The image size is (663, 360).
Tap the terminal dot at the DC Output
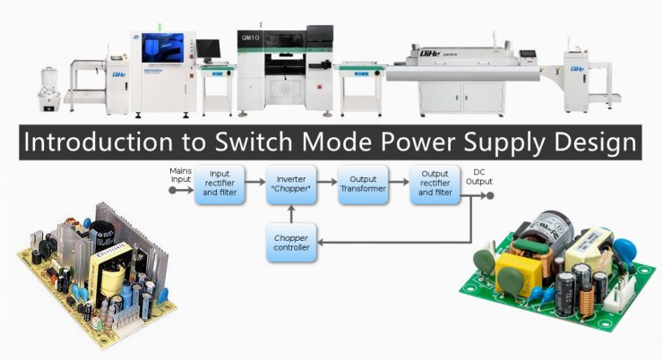point(472,190)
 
